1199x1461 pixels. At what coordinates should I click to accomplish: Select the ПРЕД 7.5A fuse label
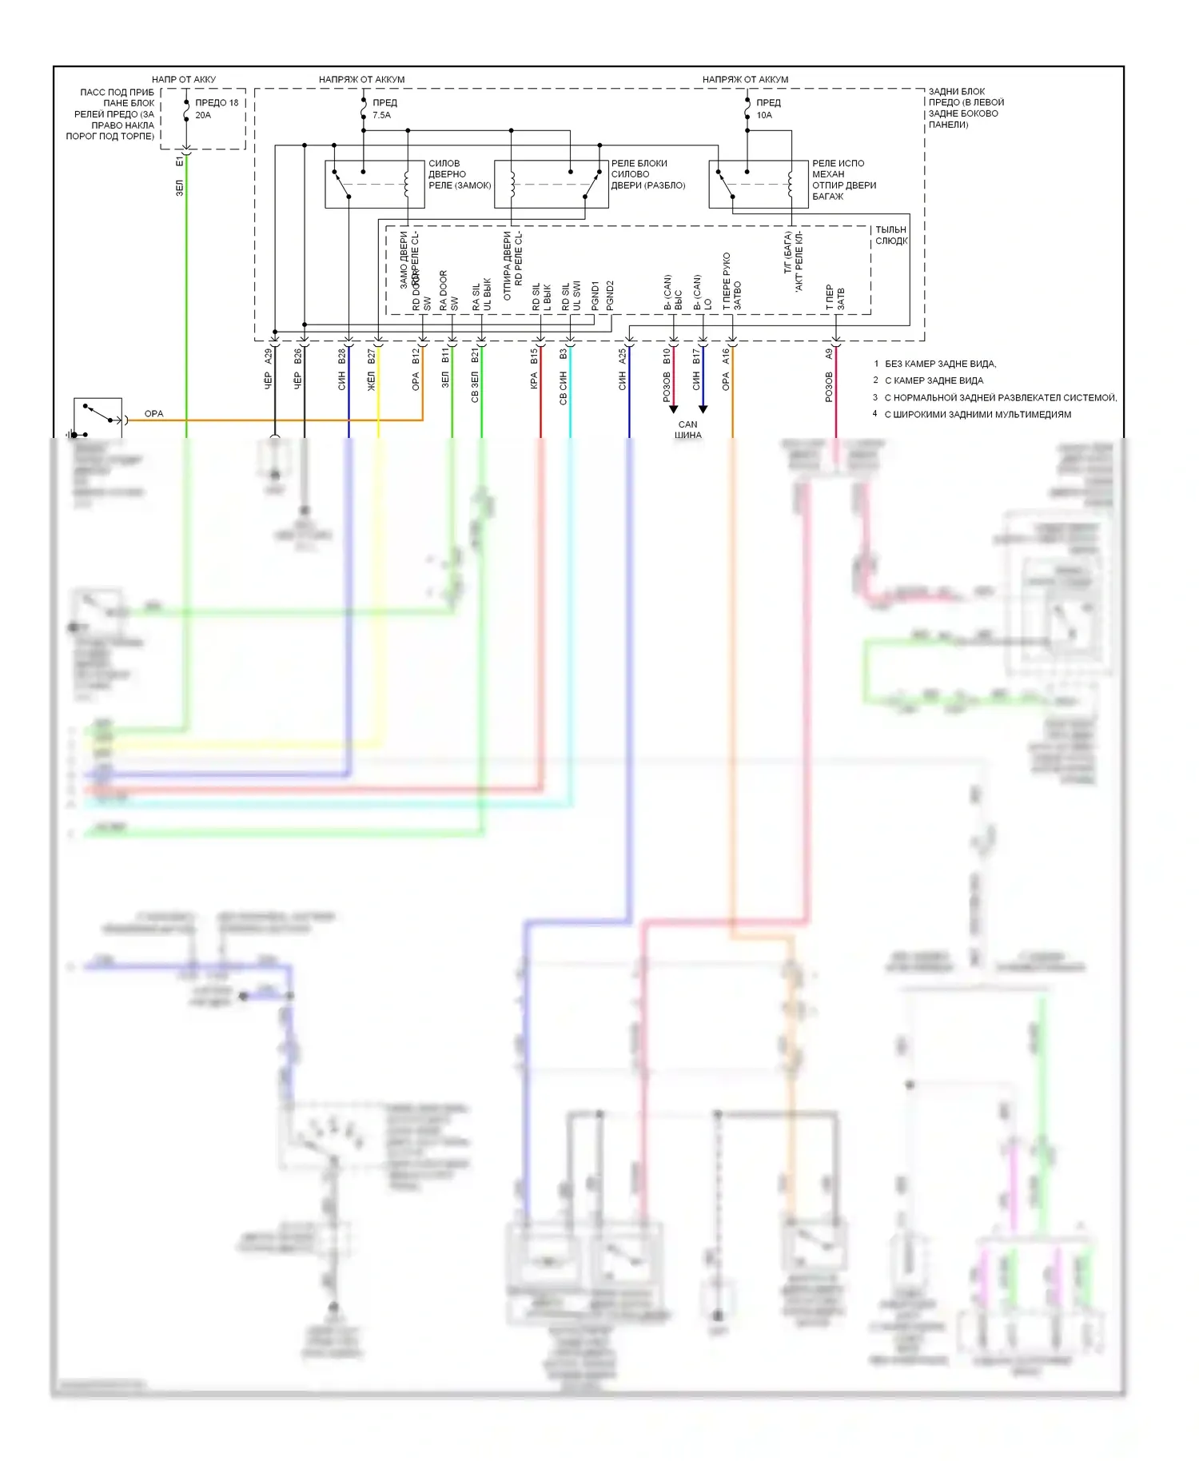point(384,109)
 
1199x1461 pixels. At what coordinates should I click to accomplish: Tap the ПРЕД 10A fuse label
point(768,109)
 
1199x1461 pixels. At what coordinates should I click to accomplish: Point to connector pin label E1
point(179,161)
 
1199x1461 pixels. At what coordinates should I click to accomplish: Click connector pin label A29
point(269,356)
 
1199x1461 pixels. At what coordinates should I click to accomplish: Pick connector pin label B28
point(342,356)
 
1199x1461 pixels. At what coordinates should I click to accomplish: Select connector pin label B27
point(372,356)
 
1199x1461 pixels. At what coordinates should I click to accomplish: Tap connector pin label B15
point(534,356)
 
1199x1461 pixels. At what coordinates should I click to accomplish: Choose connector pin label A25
point(623,356)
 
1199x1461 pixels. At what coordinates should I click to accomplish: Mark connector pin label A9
point(829,354)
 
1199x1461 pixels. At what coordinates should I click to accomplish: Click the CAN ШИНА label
point(687,430)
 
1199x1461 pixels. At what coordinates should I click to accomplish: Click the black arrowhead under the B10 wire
point(673,409)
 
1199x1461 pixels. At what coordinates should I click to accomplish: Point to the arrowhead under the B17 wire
point(703,409)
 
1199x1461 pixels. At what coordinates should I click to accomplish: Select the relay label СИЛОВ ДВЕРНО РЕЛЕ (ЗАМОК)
point(459,174)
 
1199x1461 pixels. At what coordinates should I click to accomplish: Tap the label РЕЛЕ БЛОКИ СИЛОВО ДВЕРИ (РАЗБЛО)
point(647,174)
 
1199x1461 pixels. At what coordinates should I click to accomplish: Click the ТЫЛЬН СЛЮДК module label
point(890,235)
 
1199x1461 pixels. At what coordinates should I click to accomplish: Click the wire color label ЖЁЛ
point(372,382)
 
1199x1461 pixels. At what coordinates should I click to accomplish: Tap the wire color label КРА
point(534,382)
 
